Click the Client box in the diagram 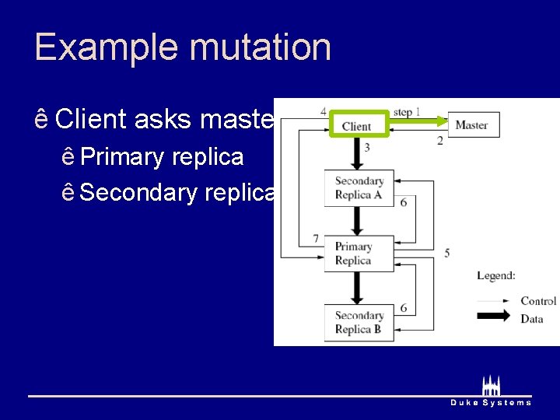pos(356,125)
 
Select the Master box pos(472,124)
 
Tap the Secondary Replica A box pos(359,188)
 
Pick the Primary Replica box pos(354,254)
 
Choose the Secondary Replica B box pos(359,322)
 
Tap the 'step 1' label pos(407,111)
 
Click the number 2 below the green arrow pos(439,141)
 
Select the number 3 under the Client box pos(366,147)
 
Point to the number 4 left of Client pos(323,111)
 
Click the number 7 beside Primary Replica pos(316,238)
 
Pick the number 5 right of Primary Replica pos(446,253)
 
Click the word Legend pos(496,275)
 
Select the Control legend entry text pos(538,301)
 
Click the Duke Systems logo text pos(491,402)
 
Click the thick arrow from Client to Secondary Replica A pos(355,156)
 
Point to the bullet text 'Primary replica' pos(162,157)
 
